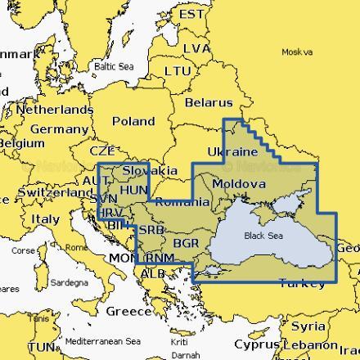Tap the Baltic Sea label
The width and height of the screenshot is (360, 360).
click(112, 66)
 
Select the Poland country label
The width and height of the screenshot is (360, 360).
click(133, 121)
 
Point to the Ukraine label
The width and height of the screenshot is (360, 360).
click(234, 152)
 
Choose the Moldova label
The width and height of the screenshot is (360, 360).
click(238, 184)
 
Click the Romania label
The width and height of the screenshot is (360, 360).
click(182, 201)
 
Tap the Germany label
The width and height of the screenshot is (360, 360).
click(58, 129)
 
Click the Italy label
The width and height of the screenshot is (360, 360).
click(45, 219)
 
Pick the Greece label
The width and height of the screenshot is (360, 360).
click(128, 311)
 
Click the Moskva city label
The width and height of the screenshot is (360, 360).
click(296, 52)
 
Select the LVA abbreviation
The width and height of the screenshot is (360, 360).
click(197, 49)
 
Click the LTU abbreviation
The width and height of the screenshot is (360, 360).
click(178, 71)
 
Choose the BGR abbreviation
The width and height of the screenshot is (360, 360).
click(187, 243)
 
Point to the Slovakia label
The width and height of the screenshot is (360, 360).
click(150, 170)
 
